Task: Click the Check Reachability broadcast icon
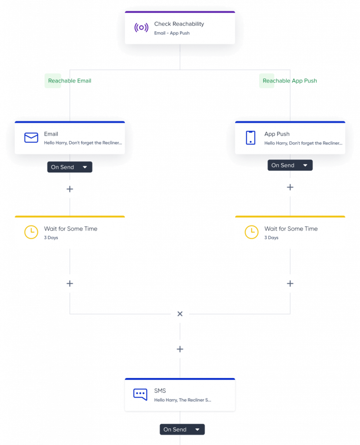[x=141, y=28]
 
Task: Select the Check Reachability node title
[x=179, y=24]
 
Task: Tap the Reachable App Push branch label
[x=290, y=81]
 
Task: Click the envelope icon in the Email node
[x=31, y=138]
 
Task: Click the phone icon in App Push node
[x=250, y=138]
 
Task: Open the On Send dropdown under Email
[x=70, y=167]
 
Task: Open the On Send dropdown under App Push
[x=290, y=165]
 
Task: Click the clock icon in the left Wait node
[x=31, y=232]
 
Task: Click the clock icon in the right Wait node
[x=251, y=232]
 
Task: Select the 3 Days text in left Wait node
[x=51, y=238]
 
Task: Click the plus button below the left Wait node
[x=70, y=283]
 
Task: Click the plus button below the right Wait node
[x=290, y=283]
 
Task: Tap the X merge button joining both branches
[x=180, y=314]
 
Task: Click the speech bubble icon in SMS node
[x=140, y=395]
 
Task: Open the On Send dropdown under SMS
[x=182, y=429]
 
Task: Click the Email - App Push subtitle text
[x=172, y=33]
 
